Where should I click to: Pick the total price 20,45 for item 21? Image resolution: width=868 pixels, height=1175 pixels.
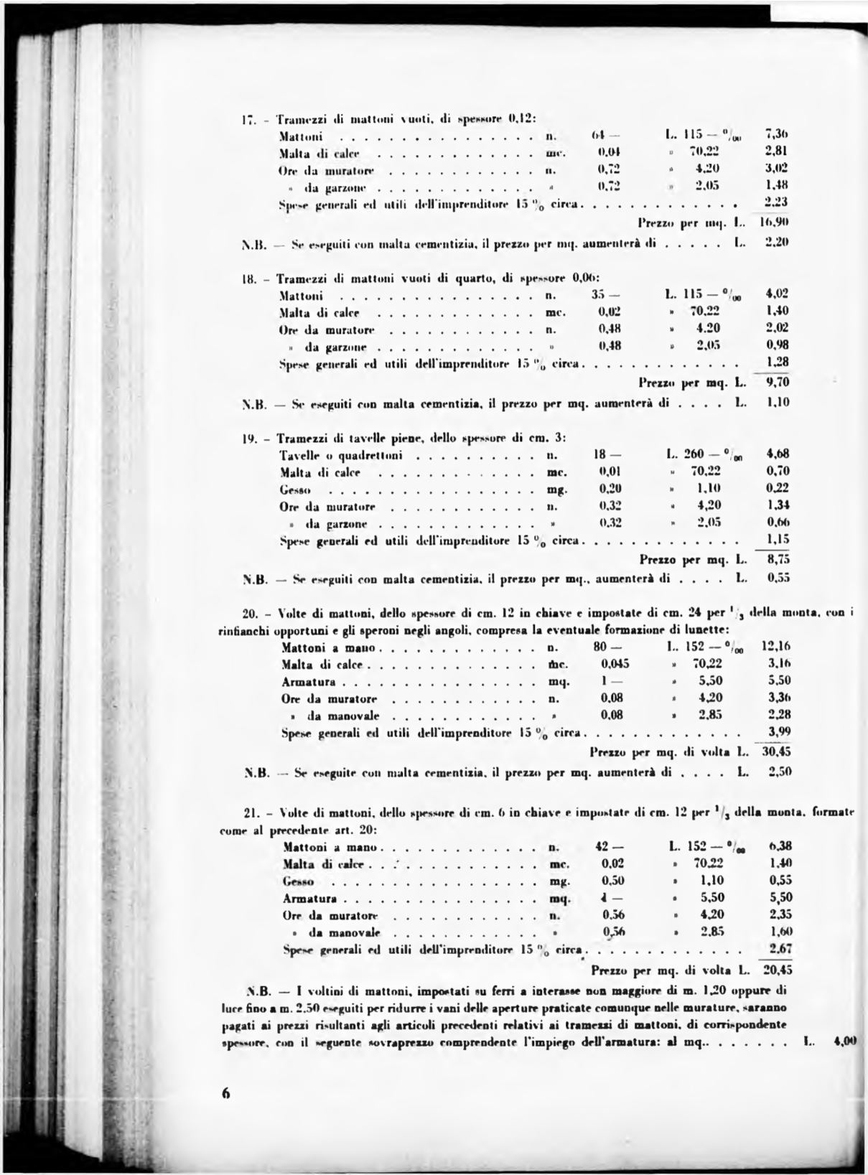[776, 969]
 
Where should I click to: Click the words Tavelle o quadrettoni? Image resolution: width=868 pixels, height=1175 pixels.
[340, 456]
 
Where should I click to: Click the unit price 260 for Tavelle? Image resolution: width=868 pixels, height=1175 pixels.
[694, 454]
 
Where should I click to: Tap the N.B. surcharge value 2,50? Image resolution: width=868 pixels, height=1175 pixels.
[779, 773]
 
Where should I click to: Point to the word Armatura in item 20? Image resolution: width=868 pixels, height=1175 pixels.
[309, 681]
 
